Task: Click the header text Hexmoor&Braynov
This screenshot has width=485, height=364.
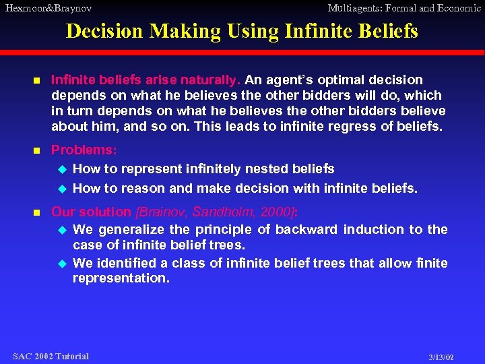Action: click(47, 8)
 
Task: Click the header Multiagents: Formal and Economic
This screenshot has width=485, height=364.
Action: click(404, 8)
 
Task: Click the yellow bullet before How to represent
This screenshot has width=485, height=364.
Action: click(63, 169)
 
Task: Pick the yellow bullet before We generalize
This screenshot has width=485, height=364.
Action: click(63, 230)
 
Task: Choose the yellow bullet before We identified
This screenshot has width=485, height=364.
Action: click(63, 263)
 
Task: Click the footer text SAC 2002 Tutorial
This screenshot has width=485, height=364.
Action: click(51, 356)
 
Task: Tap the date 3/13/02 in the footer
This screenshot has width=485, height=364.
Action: click(441, 357)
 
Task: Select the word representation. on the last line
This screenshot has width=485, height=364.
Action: click(121, 278)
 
